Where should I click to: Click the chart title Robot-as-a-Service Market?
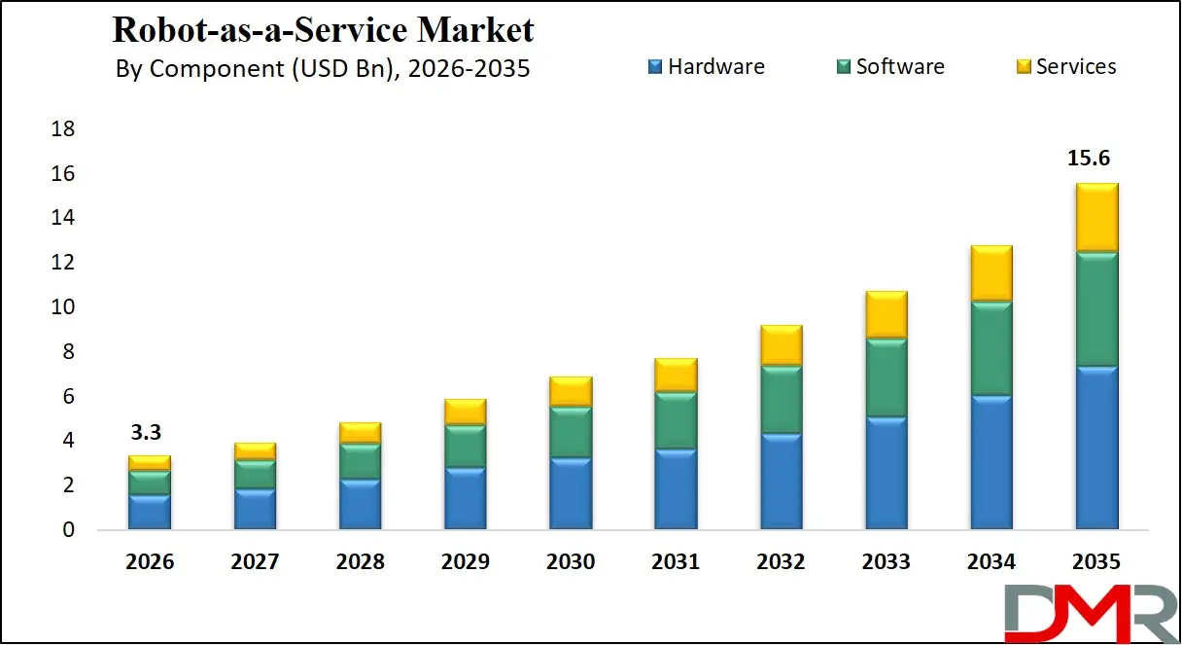coord(323,29)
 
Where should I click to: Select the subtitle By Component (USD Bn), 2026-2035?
coord(323,69)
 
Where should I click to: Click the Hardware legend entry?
coord(706,67)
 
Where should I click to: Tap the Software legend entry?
coord(889,67)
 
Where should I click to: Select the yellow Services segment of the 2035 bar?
coord(1096,217)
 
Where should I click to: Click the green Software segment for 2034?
coord(991,348)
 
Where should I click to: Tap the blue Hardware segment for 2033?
coord(886,473)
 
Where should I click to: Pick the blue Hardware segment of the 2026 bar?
coord(149,512)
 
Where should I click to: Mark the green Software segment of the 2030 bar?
coord(571,432)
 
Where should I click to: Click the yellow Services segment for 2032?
coord(782,344)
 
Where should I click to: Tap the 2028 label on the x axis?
coord(360,562)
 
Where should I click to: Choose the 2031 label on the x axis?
coord(676,562)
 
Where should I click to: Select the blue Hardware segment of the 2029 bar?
coord(465,498)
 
